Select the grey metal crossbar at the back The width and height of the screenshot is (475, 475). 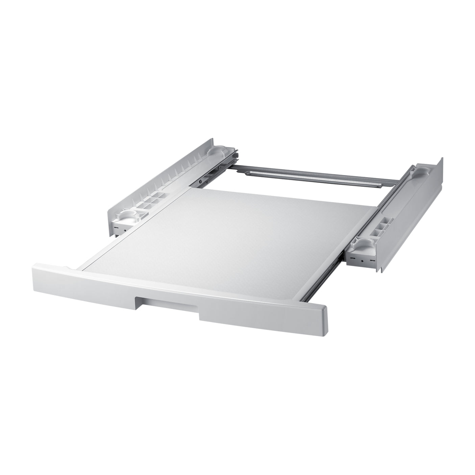tap(314, 179)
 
